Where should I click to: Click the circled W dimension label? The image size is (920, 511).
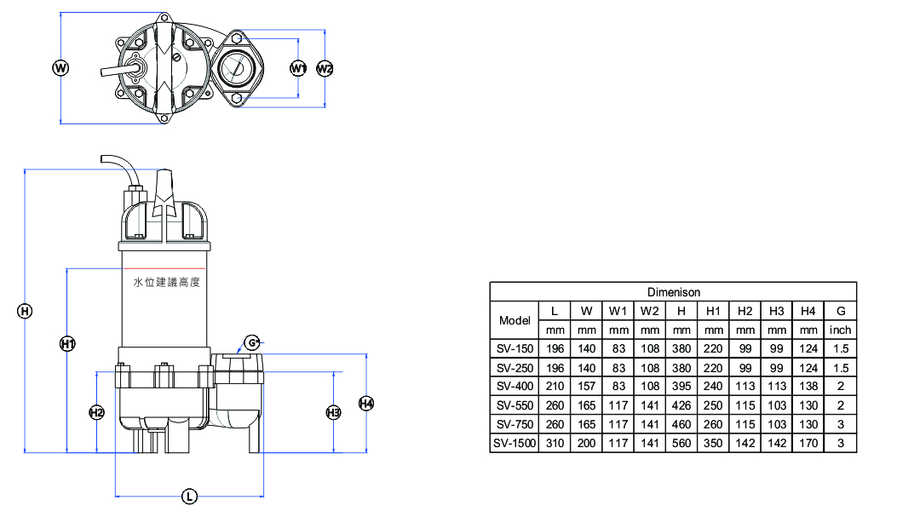tap(60, 68)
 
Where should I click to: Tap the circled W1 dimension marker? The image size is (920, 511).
tap(298, 69)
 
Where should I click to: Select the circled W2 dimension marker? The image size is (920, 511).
tap(325, 69)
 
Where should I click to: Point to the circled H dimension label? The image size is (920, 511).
tap(25, 311)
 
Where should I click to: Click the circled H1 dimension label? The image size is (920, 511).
tap(67, 344)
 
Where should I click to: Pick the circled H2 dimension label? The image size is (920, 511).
tap(97, 412)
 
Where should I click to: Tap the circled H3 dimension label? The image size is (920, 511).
tap(333, 412)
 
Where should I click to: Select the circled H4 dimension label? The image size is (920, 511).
tap(366, 403)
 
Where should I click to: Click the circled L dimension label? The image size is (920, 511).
tap(189, 497)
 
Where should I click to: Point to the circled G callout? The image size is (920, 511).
tap(251, 342)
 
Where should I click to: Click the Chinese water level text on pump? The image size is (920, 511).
tap(167, 282)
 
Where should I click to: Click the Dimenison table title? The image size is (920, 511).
tap(674, 292)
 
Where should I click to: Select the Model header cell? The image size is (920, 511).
tap(515, 320)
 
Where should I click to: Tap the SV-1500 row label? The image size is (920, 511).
tap(515, 444)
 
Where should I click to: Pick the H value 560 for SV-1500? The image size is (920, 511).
tap(681, 444)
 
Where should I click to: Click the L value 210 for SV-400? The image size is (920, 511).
tap(555, 386)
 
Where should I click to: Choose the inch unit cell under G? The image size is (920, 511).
tap(840, 330)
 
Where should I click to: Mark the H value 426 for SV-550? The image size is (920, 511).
tap(681, 405)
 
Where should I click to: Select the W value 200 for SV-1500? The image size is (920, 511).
tap(586, 444)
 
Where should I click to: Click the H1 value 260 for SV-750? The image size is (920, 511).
tap(713, 424)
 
